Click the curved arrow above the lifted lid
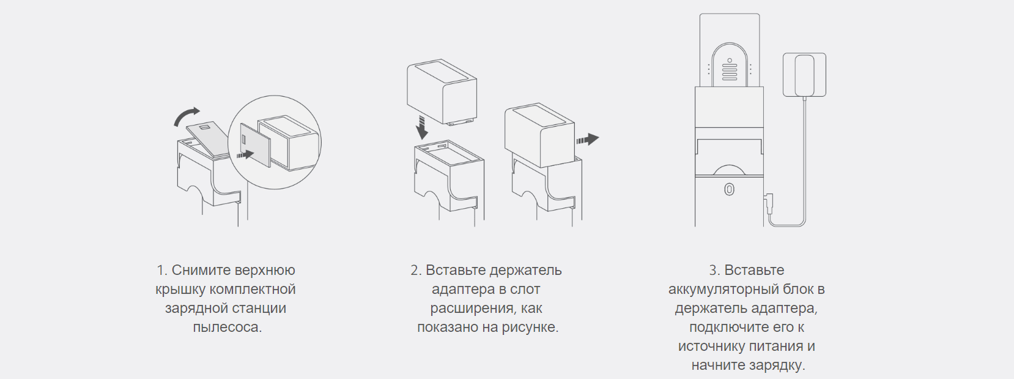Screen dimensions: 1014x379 tap(185, 114)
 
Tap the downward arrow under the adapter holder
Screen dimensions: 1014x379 tap(422, 127)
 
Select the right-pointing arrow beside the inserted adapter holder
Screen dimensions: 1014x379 tap(588, 139)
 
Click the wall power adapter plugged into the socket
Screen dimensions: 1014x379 tap(804, 75)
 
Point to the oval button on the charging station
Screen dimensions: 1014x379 tap(729, 190)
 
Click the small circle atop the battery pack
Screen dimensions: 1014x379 tap(729, 60)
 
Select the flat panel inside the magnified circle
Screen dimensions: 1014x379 tap(255, 145)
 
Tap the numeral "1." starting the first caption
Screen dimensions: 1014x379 tap(162, 270)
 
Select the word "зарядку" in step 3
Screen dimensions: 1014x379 tap(777, 366)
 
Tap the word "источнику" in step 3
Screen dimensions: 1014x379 tap(711, 347)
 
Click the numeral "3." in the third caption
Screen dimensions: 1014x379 tap(715, 270)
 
